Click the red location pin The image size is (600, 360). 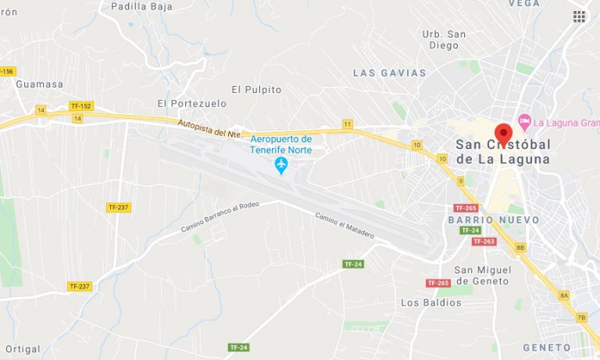503,134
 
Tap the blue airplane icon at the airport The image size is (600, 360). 280,166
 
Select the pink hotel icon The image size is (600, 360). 524,122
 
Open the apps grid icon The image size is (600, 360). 579,16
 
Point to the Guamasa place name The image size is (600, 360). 38,84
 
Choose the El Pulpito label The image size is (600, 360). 256,90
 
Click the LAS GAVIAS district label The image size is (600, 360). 390,73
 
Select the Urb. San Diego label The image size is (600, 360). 444,39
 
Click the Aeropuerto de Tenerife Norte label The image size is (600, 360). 280,144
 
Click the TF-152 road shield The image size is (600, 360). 80,106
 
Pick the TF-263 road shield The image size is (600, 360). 484,241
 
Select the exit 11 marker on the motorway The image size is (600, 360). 347,124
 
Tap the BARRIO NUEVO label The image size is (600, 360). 493,220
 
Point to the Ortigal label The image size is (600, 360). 22,349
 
